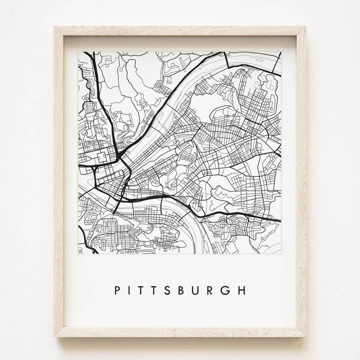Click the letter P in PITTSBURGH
117,290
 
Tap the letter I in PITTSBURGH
130,290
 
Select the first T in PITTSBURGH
142,290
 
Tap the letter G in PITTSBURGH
225,290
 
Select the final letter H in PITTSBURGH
241,290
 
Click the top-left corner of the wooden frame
55,27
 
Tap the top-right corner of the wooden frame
305,27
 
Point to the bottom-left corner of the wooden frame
55,336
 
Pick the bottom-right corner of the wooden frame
305,336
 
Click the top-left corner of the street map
78,51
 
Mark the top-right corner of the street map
281,51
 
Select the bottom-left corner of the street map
78,254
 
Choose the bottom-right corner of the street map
281,254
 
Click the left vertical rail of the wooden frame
59,180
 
